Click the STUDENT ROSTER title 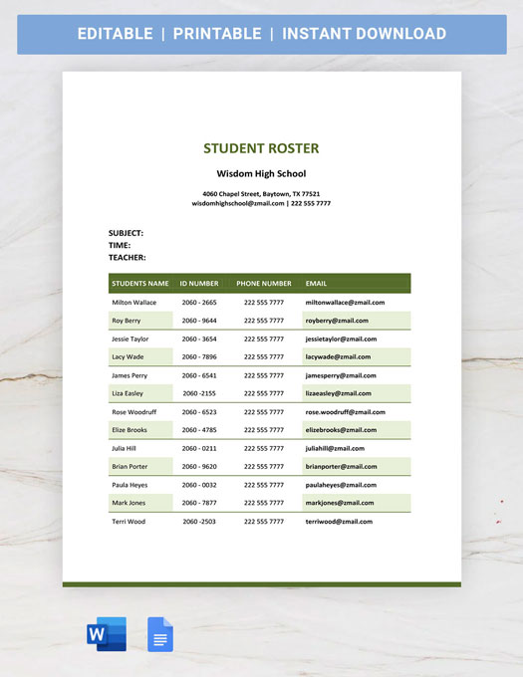click(261, 148)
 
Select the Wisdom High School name click(261, 173)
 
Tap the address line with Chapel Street click(261, 193)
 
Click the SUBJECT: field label click(126, 233)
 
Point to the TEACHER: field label click(127, 257)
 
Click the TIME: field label click(120, 245)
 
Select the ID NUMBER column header click(199, 284)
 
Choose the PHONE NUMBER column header click(264, 284)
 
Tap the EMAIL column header click(316, 284)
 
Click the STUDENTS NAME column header click(140, 284)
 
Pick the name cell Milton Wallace click(134, 302)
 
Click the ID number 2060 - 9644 click(199, 321)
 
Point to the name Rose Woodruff click(134, 411)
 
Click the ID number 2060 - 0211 click(199, 448)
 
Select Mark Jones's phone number click(264, 503)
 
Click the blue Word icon click(107, 634)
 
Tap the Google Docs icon click(160, 634)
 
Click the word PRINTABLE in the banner click(217, 34)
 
